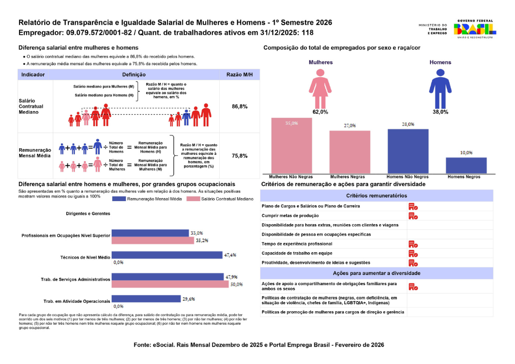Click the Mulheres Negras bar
(350, 152)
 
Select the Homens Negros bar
(466, 165)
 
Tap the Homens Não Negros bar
(408, 151)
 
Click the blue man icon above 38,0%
(440, 88)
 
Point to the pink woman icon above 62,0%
(320, 88)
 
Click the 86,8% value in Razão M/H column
(239, 107)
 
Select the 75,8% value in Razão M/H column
(239, 156)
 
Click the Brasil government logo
(474, 29)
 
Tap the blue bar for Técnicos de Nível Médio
(167, 255)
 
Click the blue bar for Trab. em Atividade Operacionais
(146, 299)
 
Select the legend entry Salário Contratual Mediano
(220, 199)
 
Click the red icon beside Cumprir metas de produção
(413, 216)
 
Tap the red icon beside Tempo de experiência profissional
(413, 244)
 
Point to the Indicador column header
(33, 74)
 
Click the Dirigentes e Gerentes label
(88, 213)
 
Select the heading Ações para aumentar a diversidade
(376, 273)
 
